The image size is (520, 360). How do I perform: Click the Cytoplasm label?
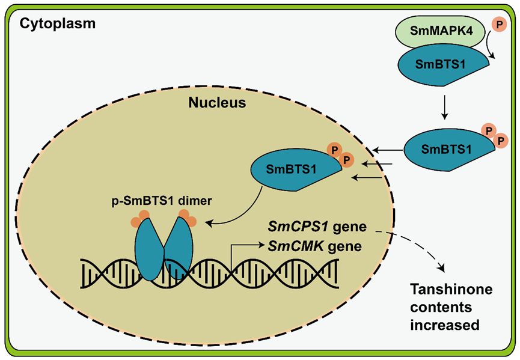pyautogui.click(x=58, y=24)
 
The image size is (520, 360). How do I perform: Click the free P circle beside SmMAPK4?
pyautogui.click(x=499, y=24)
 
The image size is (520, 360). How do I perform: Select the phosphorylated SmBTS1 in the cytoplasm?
pyautogui.click(x=448, y=148)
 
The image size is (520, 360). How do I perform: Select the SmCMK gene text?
pyautogui.click(x=315, y=246)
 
